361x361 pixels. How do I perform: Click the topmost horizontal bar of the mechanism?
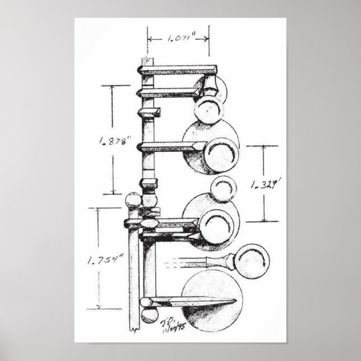(178, 70)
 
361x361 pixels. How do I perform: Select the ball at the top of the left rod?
(133, 200)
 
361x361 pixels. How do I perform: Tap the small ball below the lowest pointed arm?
(150, 316)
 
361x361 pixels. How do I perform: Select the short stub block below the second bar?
(149, 113)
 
